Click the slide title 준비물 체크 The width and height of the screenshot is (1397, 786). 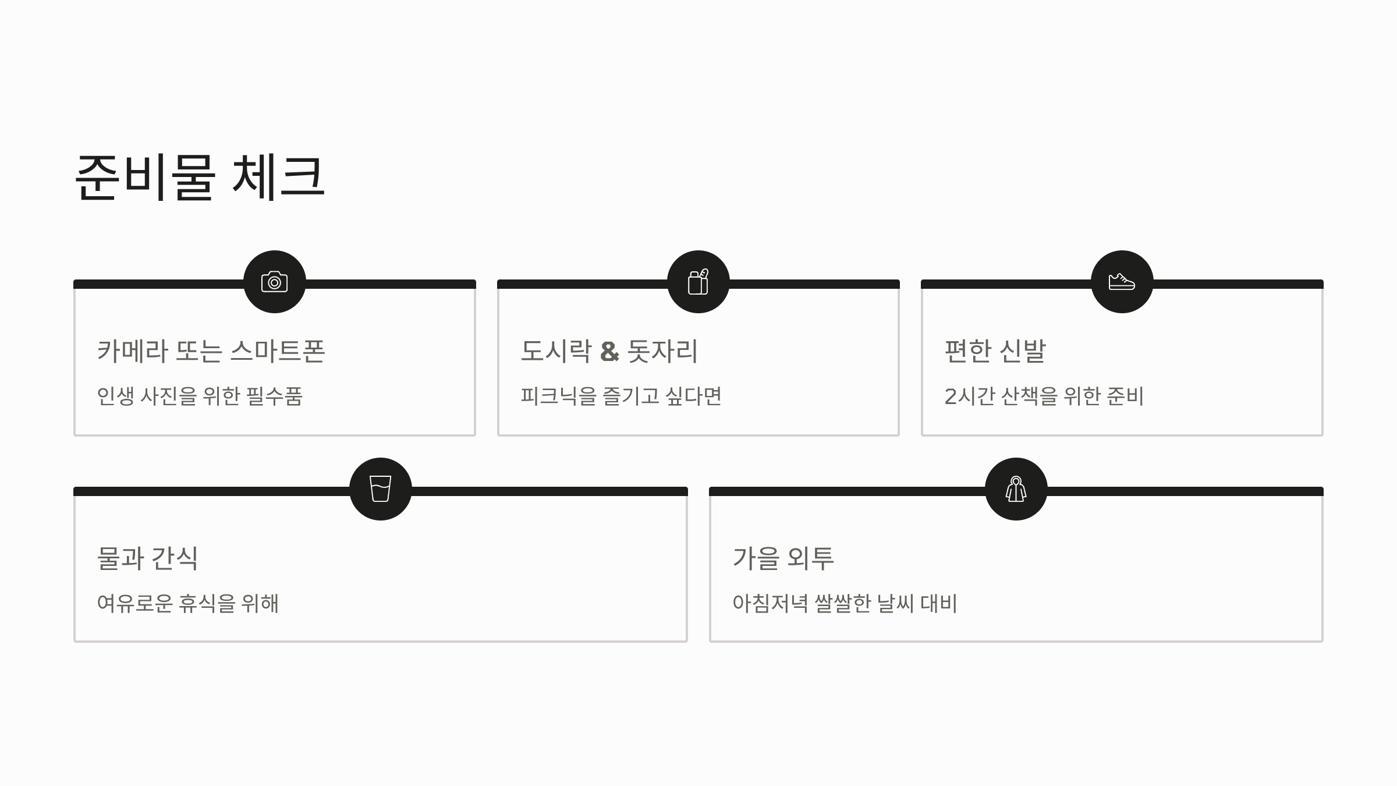point(200,177)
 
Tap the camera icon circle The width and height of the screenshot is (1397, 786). point(275,282)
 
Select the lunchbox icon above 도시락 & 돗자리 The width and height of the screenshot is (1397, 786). point(698,282)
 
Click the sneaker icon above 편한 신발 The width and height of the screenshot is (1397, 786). point(1122,282)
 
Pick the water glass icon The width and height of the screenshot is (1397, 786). point(381,489)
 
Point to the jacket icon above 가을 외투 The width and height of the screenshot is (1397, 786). point(1016,489)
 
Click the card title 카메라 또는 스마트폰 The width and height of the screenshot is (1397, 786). point(211,351)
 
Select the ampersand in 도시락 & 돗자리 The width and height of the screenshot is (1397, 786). point(609,351)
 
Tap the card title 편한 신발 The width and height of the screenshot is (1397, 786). point(995,351)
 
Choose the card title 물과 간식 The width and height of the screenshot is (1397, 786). point(147,558)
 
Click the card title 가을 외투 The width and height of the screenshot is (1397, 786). point(783,558)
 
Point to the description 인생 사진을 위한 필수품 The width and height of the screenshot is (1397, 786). point(200,396)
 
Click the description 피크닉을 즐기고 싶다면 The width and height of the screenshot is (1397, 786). point(621,396)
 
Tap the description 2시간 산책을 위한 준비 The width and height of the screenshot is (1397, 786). point(1044,396)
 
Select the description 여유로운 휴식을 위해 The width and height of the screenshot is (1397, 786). point(187,604)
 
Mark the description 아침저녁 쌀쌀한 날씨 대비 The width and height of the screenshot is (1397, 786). point(845,604)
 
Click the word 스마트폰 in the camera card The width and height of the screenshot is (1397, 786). point(278,351)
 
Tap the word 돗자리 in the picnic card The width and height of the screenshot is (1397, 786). point(662,351)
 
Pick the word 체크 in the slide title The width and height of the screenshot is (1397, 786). point(278,177)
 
